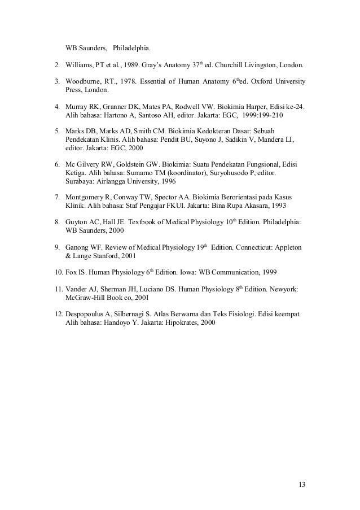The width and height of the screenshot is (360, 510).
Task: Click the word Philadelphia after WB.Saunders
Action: (x=135, y=47)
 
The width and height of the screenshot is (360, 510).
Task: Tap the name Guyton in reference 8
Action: (x=80, y=223)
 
